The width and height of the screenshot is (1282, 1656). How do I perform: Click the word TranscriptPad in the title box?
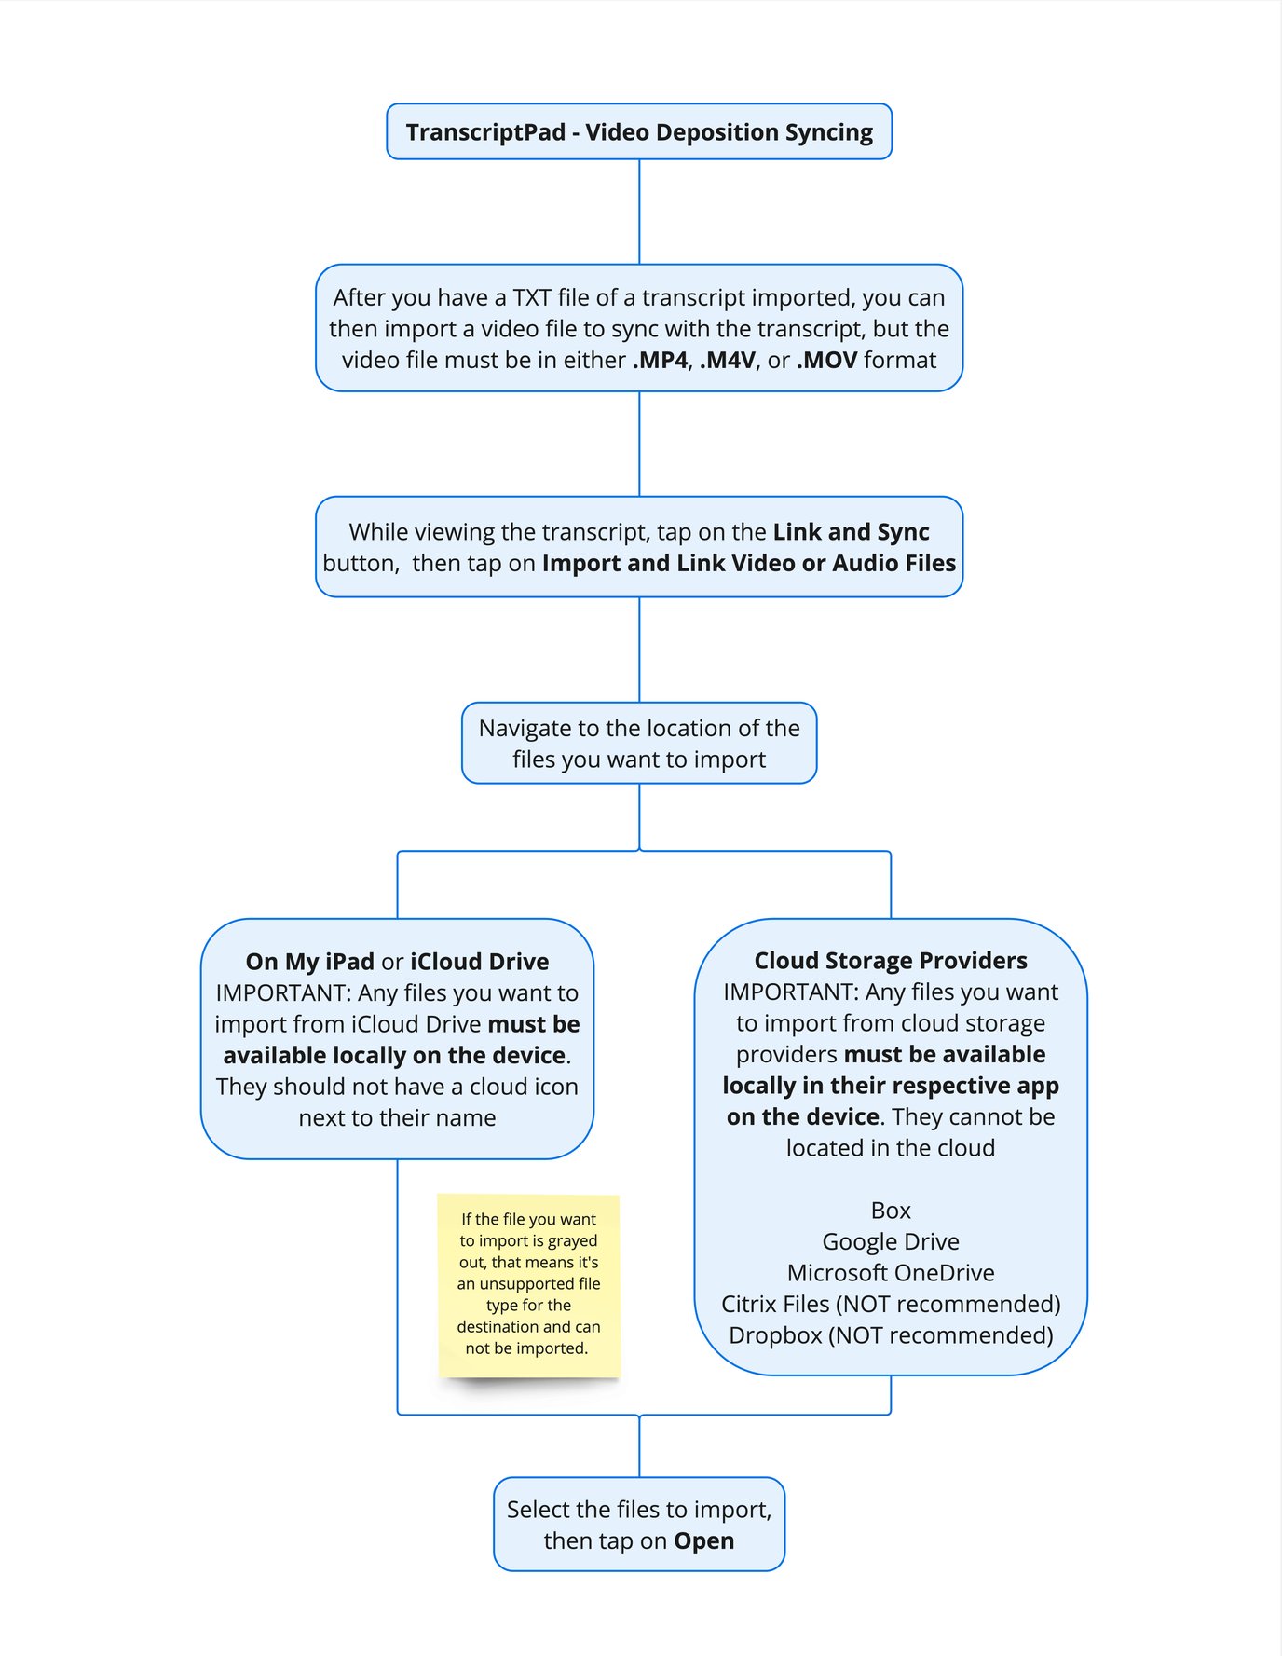point(485,132)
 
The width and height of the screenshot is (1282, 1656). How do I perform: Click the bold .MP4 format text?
point(660,361)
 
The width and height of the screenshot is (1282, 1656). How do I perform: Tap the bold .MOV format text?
point(826,361)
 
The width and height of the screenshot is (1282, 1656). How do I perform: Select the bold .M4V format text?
point(727,361)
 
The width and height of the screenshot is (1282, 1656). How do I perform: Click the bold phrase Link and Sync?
point(851,532)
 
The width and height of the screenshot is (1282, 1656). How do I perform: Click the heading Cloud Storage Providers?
point(890,961)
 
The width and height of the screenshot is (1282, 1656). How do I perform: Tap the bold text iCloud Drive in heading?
point(479,962)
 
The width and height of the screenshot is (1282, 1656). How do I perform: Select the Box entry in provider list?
point(890,1211)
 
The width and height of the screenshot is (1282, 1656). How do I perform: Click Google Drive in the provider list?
point(890,1242)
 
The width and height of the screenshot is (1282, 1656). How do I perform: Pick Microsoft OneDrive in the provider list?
point(890,1273)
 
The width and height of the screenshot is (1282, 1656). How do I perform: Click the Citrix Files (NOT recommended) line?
point(890,1305)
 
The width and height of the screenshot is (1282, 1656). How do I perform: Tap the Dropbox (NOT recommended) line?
point(890,1335)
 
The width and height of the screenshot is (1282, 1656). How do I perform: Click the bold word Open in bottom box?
point(703,1541)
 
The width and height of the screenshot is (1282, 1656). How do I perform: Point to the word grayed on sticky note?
point(572,1241)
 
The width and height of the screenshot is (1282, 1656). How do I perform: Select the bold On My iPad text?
point(309,962)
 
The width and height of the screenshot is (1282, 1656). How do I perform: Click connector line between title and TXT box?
point(639,212)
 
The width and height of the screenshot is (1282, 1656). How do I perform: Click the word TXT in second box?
point(531,298)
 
